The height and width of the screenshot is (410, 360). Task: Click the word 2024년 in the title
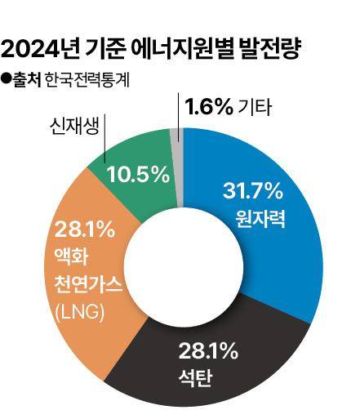(x=41, y=51)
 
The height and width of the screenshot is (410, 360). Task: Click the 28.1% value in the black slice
(x=207, y=353)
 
